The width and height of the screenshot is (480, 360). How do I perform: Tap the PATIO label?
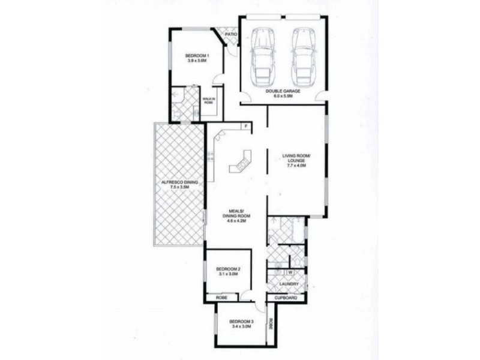231,35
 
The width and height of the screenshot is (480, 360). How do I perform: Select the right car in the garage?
304,56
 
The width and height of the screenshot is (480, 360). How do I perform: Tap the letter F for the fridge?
247,125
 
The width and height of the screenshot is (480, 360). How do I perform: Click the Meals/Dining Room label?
235,216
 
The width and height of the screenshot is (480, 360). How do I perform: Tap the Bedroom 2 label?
228,268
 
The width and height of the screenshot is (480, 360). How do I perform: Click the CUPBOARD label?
287,298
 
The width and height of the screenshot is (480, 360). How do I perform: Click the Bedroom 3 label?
242,322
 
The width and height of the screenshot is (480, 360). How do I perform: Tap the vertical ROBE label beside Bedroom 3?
271,324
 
